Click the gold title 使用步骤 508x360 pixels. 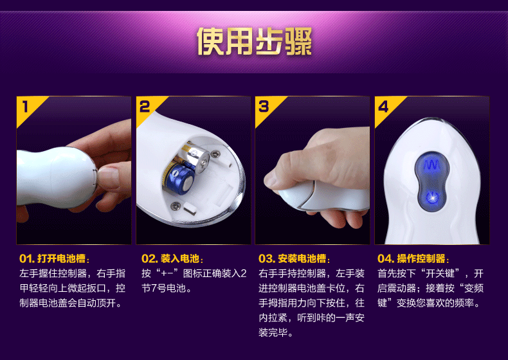click(x=255, y=41)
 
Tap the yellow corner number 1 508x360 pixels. click(x=25, y=107)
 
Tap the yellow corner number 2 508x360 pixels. click(x=145, y=107)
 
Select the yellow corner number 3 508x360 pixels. click(x=264, y=107)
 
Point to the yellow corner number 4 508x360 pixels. click(x=383, y=107)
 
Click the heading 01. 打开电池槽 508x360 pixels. click(x=54, y=258)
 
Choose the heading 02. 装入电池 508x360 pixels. click(x=172, y=258)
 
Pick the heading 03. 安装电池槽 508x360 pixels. click(x=294, y=258)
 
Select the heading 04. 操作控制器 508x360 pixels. click(x=413, y=258)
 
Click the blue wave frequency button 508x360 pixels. click(x=431, y=165)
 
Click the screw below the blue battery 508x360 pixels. click(x=176, y=205)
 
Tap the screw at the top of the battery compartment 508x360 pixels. click(x=215, y=154)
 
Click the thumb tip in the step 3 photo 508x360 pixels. click(x=271, y=182)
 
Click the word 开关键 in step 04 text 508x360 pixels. click(x=442, y=273)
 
